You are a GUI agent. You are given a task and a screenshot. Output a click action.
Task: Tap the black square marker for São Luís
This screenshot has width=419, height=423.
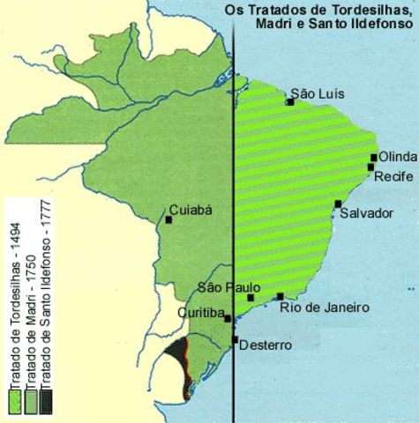click(289, 102)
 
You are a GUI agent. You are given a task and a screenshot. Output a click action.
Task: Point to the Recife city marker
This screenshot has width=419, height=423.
click(371, 167)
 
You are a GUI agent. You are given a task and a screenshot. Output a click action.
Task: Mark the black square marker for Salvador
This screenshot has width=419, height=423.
click(338, 204)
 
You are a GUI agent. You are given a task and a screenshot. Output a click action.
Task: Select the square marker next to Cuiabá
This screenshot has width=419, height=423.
click(168, 219)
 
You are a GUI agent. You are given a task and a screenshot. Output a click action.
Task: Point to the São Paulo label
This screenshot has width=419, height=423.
click(228, 287)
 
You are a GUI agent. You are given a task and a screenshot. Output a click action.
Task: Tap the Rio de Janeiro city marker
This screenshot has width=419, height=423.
click(280, 297)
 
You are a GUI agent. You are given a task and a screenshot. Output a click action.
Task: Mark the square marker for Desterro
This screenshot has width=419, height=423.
click(236, 339)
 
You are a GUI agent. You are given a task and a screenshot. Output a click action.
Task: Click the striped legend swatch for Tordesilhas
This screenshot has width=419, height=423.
click(15, 401)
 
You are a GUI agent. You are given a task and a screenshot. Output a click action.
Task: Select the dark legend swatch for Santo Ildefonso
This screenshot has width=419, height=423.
click(45, 401)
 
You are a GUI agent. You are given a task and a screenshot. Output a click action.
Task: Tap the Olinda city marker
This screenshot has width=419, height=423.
click(374, 158)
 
